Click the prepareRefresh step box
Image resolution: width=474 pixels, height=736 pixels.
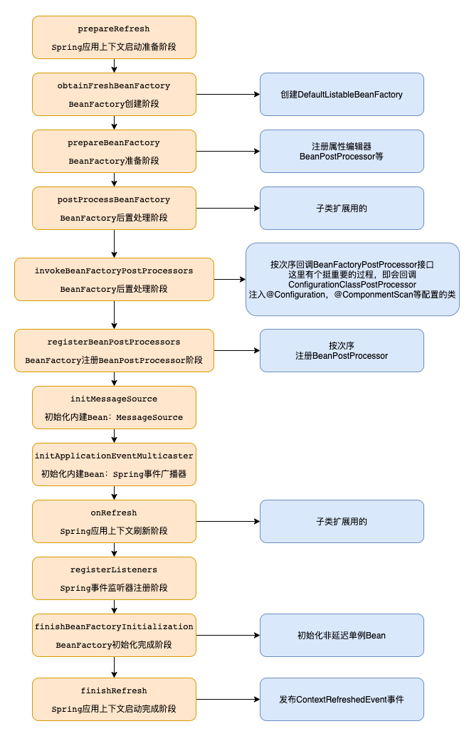click(x=114, y=37)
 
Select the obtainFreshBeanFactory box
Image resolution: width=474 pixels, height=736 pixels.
click(x=114, y=94)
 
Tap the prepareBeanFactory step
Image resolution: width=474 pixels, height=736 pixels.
click(x=114, y=151)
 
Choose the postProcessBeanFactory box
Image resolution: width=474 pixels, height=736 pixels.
click(x=114, y=208)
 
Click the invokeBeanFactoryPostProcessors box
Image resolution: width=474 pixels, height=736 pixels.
click(x=114, y=279)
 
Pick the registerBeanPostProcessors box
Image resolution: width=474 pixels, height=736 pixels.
click(x=114, y=350)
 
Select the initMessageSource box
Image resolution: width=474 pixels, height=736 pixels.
click(x=114, y=407)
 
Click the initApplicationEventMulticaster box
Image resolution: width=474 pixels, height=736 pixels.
click(x=114, y=464)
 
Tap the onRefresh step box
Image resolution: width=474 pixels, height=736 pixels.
click(x=114, y=521)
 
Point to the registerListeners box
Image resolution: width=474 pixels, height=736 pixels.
click(x=114, y=578)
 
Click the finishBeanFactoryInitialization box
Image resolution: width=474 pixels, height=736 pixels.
click(x=114, y=635)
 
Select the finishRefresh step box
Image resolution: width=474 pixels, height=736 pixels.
click(x=114, y=699)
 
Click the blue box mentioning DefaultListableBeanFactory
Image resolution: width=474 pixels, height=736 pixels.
click(x=342, y=94)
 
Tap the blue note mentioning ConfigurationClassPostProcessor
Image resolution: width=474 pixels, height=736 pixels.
click(x=352, y=279)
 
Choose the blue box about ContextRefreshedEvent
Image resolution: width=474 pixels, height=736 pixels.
click(x=342, y=699)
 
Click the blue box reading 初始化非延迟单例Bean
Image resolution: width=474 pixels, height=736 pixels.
click(x=342, y=635)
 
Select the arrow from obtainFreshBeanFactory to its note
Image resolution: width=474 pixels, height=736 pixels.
click(x=228, y=94)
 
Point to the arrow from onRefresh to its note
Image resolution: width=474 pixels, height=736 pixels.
click(x=228, y=521)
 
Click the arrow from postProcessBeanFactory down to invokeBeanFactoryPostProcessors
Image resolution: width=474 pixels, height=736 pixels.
click(x=114, y=243)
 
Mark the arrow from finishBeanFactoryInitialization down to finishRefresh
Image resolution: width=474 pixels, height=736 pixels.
click(x=114, y=667)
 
